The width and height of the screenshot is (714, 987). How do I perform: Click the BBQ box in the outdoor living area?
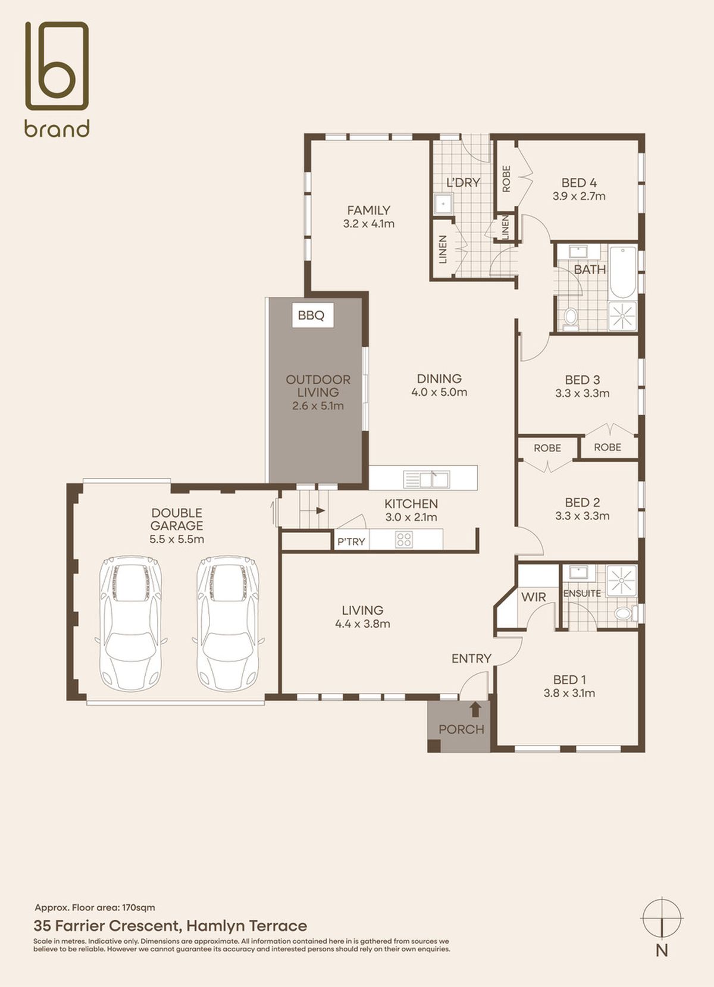(x=312, y=315)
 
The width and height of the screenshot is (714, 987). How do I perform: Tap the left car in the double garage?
(x=130, y=623)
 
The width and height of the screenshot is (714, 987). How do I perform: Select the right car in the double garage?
(x=228, y=623)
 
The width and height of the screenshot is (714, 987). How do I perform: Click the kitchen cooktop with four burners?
(x=404, y=540)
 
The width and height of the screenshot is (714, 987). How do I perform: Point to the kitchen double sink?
(x=426, y=479)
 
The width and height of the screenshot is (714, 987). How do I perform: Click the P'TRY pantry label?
(x=351, y=541)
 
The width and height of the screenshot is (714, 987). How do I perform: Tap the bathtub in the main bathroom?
(x=623, y=272)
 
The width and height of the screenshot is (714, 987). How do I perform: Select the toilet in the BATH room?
(x=571, y=318)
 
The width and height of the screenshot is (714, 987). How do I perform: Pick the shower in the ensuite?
(x=621, y=580)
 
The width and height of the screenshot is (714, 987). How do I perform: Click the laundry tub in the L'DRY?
(x=441, y=203)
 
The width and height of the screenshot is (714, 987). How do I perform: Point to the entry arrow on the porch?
(x=475, y=710)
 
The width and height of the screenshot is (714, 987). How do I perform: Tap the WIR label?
(x=533, y=597)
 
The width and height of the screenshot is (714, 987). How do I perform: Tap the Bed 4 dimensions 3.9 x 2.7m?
(x=579, y=196)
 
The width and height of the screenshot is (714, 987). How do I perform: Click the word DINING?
(x=439, y=378)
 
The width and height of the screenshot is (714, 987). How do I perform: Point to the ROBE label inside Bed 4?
(x=506, y=179)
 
